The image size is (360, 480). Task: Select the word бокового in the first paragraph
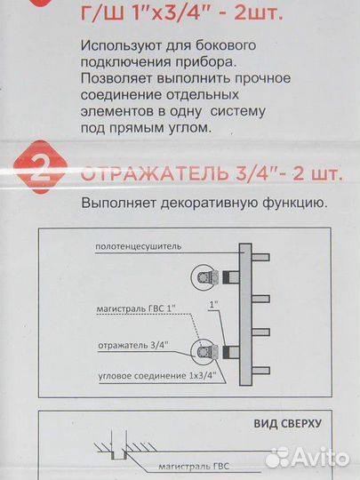(220, 45)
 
